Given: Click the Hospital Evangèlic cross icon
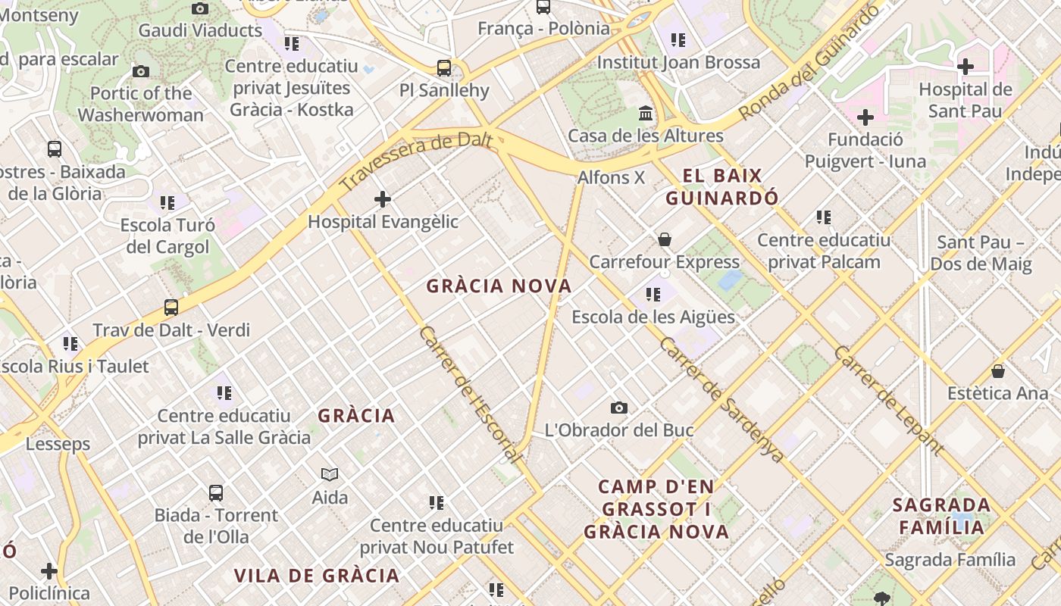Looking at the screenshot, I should tap(383, 199).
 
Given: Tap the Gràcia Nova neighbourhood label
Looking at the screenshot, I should tap(499, 286).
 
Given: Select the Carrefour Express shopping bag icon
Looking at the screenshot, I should tap(665, 240).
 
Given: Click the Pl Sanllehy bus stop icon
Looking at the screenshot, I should tap(444, 68).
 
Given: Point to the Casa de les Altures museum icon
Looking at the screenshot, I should tap(646, 114).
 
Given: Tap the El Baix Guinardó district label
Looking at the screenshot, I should tap(721, 187).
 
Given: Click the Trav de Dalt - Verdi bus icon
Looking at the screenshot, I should tap(171, 308).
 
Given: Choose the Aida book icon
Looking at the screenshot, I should tap(330, 475).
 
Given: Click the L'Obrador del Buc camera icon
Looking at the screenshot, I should tap(619, 408).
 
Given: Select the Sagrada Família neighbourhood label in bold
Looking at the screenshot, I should tap(941, 516).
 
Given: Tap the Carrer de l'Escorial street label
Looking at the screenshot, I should tap(471, 395).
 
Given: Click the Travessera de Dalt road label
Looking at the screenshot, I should tap(416, 161).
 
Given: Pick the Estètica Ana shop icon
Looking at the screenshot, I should tap(998, 372).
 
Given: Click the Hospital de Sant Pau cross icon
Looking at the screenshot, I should tap(965, 67).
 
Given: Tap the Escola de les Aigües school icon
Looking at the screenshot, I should tap(653, 295).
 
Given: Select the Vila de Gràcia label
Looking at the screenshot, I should tap(317, 576).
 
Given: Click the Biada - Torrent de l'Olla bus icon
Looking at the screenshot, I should tap(216, 493).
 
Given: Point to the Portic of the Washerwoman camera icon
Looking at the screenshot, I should tap(140, 72).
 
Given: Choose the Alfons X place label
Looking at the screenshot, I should tap(611, 178).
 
